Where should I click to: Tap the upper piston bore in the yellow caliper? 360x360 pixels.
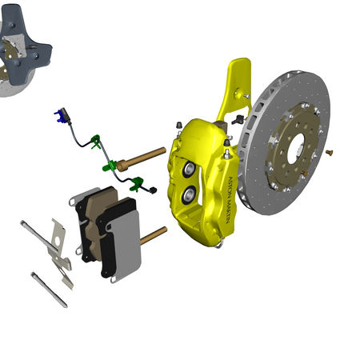(x=190, y=169)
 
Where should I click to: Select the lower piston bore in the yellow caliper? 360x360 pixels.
(x=190, y=194)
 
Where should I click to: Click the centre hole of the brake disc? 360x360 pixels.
(x=297, y=148)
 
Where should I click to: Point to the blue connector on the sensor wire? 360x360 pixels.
(x=60, y=117)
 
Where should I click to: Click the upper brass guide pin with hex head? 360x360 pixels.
(x=142, y=159)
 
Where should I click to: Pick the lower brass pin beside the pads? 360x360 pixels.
(x=154, y=236)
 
